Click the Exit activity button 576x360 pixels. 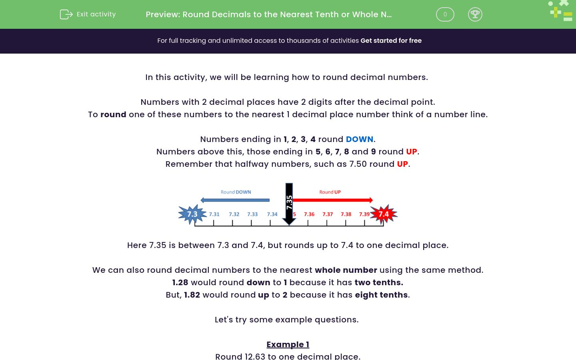88,14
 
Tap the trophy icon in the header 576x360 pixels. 475,14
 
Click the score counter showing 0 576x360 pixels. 445,14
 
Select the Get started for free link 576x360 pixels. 391,40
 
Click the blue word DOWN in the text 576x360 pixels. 359,139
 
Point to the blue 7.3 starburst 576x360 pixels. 192,214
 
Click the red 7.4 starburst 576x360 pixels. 384,214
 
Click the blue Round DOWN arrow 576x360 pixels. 235,200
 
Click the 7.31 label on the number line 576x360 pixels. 214,214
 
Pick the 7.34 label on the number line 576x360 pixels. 272,214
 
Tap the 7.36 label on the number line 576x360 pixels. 309,214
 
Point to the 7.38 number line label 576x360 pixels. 346,214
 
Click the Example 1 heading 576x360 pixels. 288,344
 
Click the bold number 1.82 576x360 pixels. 192,295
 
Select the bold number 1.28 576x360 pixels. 180,282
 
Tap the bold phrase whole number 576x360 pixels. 346,270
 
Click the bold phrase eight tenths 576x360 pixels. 381,295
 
